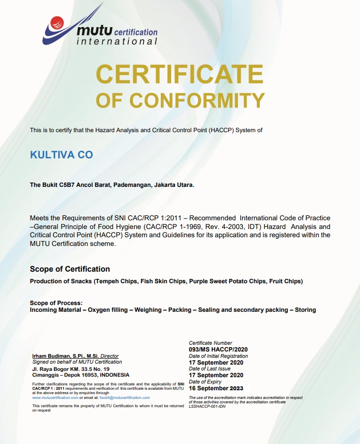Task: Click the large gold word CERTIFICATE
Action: [180, 74]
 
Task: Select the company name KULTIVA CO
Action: [61, 155]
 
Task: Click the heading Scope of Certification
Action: [70, 269]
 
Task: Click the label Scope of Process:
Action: [56, 303]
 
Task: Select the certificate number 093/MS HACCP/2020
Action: [219, 350]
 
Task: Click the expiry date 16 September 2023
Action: [216, 388]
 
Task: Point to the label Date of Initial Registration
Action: [218, 356]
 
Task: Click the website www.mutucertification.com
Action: [55, 398]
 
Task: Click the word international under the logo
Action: [117, 42]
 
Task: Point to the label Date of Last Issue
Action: [210, 369]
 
